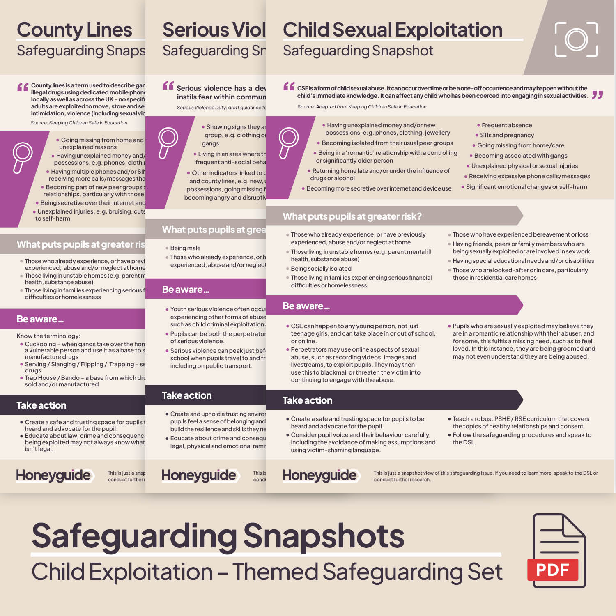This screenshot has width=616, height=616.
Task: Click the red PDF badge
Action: [552, 570]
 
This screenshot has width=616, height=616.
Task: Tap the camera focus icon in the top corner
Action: [576, 39]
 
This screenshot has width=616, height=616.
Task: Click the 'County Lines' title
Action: [74, 30]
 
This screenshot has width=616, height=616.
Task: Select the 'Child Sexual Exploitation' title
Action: [392, 30]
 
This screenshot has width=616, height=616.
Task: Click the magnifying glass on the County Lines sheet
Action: [22, 157]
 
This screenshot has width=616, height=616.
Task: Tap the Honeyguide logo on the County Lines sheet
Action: [54, 475]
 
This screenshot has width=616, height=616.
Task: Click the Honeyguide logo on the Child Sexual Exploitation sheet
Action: [319, 475]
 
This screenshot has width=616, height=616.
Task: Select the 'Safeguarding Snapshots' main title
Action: [218, 536]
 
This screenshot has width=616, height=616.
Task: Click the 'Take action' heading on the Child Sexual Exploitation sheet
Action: [307, 400]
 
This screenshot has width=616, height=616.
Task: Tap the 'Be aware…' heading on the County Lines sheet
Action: [40, 319]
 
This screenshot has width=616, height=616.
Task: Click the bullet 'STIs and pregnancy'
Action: [507, 135]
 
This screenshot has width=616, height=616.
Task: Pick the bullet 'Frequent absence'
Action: [506, 125]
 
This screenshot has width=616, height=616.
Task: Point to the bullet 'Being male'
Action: [185, 248]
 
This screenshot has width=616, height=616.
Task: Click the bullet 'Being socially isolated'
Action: [321, 269]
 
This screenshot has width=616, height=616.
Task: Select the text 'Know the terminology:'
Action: [48, 336]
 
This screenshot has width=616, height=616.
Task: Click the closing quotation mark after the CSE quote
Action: [598, 95]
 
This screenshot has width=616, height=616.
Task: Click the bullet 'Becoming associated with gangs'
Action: [520, 156]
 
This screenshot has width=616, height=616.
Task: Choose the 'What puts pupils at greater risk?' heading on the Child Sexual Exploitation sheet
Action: [352, 216]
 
